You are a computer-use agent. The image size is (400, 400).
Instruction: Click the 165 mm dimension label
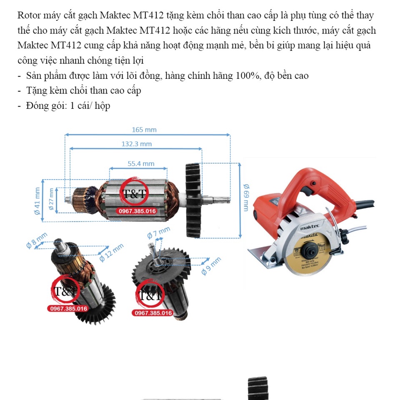tap(144, 130)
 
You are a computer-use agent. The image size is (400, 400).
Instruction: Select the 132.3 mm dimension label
tap(136, 144)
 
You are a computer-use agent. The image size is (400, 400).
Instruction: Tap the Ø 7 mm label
tap(159, 233)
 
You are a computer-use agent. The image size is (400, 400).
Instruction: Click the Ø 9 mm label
tap(210, 266)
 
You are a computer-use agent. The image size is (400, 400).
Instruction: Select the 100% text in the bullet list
tap(248, 76)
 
